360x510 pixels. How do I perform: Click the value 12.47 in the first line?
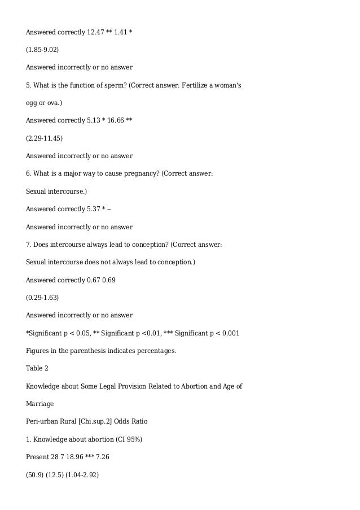point(95,32)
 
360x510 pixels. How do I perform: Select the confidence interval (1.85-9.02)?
point(42,49)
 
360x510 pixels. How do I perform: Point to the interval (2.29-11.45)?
point(44,138)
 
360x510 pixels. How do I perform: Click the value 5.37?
point(93,209)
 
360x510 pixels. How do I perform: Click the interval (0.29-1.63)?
point(42,297)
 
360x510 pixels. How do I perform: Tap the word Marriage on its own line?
point(40,404)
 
